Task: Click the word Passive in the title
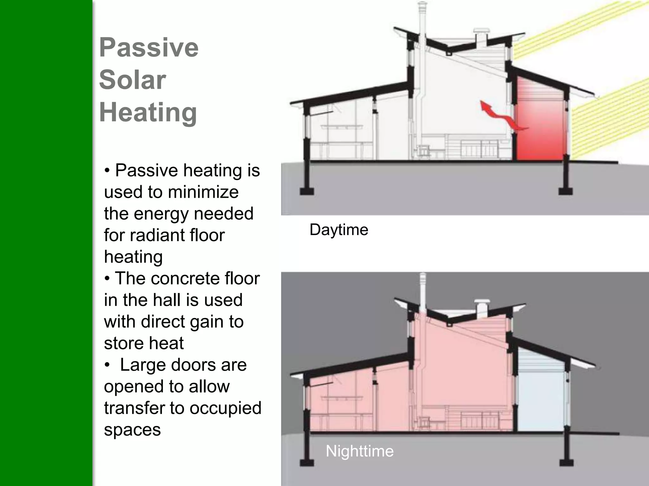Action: [149, 47]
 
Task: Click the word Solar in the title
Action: [132, 80]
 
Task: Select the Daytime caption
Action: [339, 229]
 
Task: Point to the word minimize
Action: [203, 192]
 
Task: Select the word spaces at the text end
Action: [132, 430]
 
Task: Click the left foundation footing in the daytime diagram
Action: [307, 191]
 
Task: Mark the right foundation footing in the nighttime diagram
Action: [565, 462]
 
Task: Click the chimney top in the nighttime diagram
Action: [422, 275]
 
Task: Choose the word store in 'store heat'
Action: [120, 343]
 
